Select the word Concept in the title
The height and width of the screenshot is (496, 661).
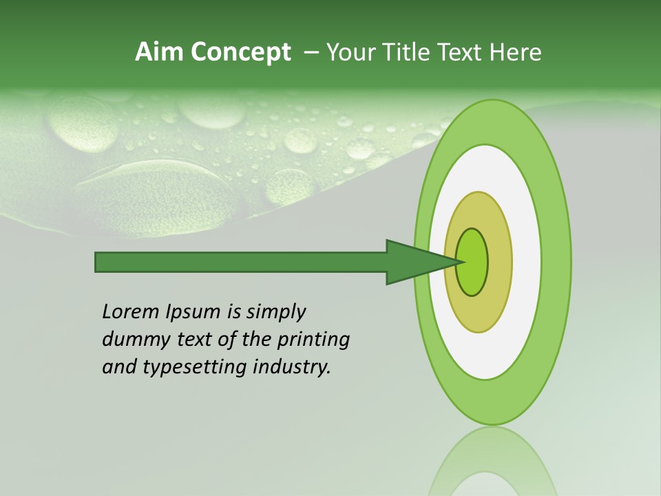click(241, 52)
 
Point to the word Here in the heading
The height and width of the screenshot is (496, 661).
click(516, 52)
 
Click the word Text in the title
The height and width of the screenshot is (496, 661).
click(463, 52)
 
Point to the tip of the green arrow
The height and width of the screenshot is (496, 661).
click(459, 262)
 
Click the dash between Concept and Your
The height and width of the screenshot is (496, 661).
click(311, 52)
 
